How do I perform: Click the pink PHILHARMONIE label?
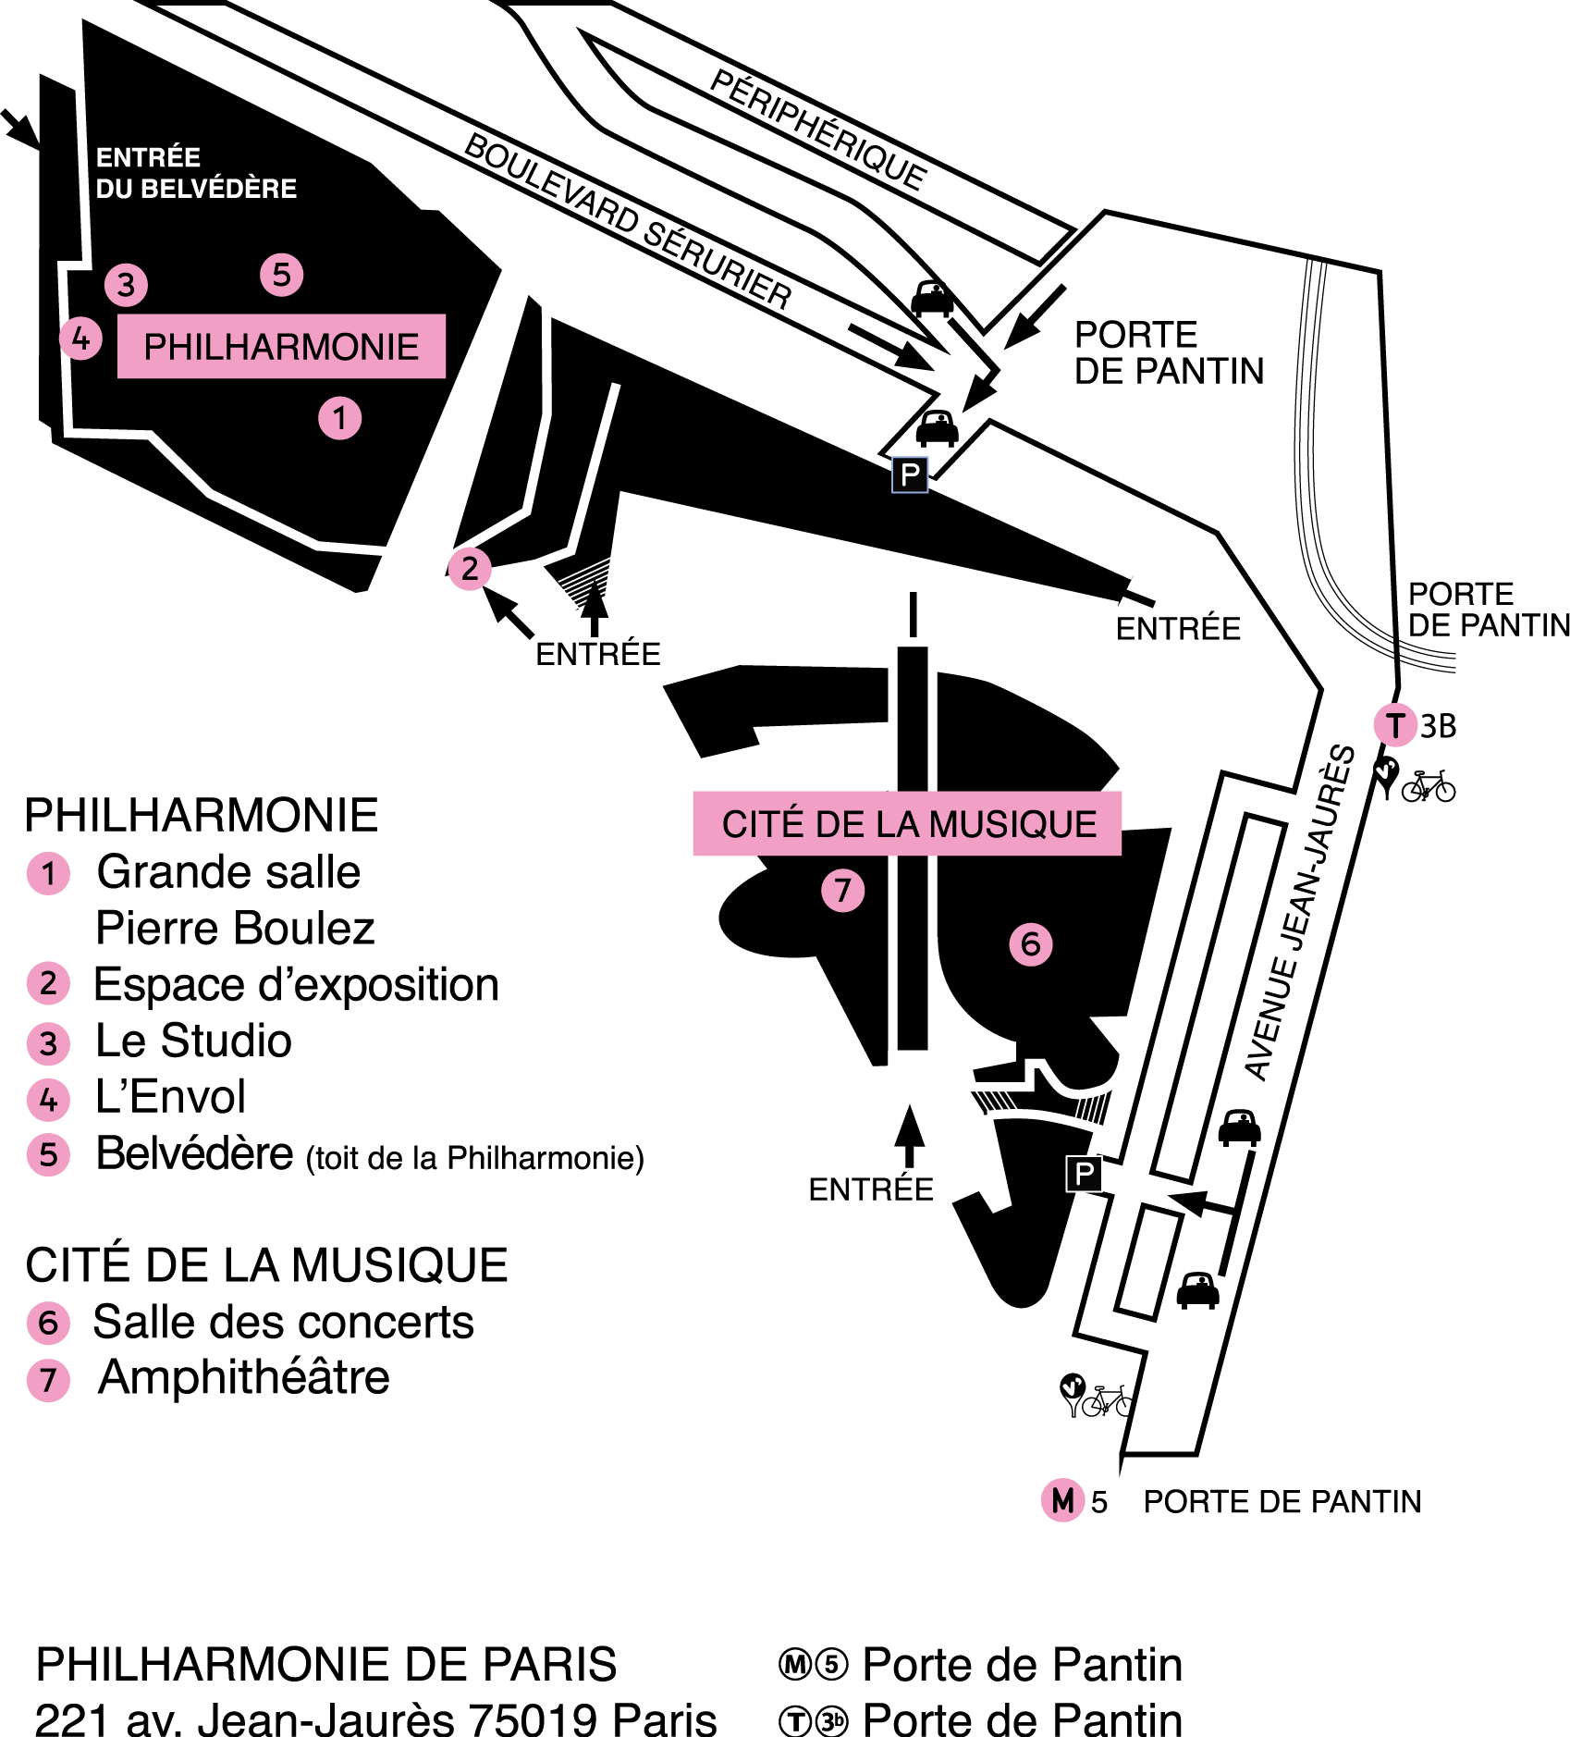(x=281, y=347)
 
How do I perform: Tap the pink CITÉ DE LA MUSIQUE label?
(x=907, y=823)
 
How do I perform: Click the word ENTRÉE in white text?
(x=148, y=157)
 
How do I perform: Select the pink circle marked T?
(x=1395, y=725)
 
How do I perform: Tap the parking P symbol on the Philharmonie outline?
(x=910, y=474)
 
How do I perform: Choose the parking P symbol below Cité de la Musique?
(x=1084, y=1175)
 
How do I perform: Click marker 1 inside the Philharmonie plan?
(x=339, y=418)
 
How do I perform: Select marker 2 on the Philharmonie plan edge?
(x=470, y=568)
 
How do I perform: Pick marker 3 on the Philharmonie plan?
(x=127, y=285)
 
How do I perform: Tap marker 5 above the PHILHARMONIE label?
(x=281, y=275)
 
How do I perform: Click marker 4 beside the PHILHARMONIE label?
(x=81, y=339)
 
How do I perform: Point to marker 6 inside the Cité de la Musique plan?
(x=1030, y=944)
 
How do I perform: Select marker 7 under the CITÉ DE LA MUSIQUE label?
(x=842, y=891)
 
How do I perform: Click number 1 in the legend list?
(x=48, y=873)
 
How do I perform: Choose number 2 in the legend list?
(x=48, y=983)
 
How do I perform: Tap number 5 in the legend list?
(x=48, y=1155)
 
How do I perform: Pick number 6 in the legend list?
(x=48, y=1323)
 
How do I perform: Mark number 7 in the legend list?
(x=48, y=1381)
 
